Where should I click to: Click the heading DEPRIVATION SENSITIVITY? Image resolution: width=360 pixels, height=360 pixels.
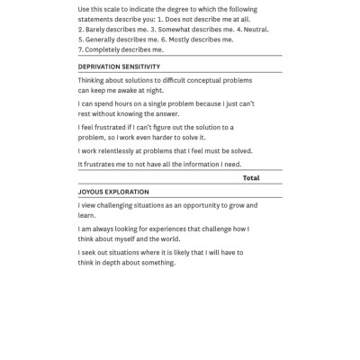[x=119, y=67]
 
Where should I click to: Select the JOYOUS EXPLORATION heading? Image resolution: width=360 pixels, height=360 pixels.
[x=113, y=192]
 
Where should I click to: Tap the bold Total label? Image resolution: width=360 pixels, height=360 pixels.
[x=251, y=178]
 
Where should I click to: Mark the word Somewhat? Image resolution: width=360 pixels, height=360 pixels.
[x=173, y=29]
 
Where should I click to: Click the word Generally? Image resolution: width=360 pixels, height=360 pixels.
[x=103, y=40]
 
